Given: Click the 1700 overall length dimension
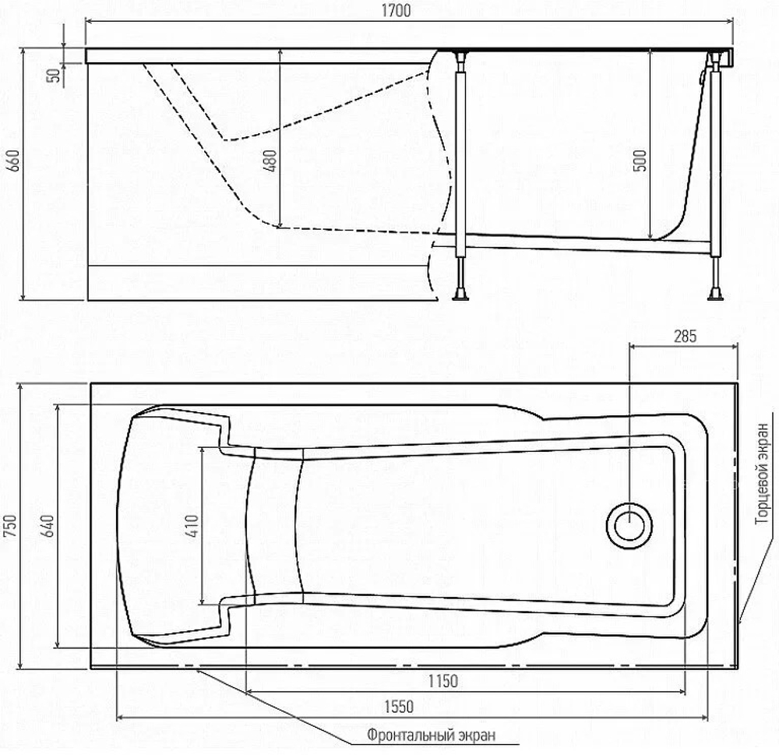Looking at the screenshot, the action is coord(396,10).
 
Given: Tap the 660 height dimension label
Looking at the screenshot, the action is coord(14,161).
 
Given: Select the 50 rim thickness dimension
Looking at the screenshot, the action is coord(53,75).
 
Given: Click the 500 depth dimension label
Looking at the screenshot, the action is coord(640,161).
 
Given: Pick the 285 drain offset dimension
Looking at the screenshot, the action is coord(685,337).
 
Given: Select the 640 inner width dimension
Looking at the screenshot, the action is coord(48,526).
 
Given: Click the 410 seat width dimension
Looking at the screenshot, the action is coord(192,526).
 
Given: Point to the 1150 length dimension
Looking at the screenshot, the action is coord(443,681).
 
